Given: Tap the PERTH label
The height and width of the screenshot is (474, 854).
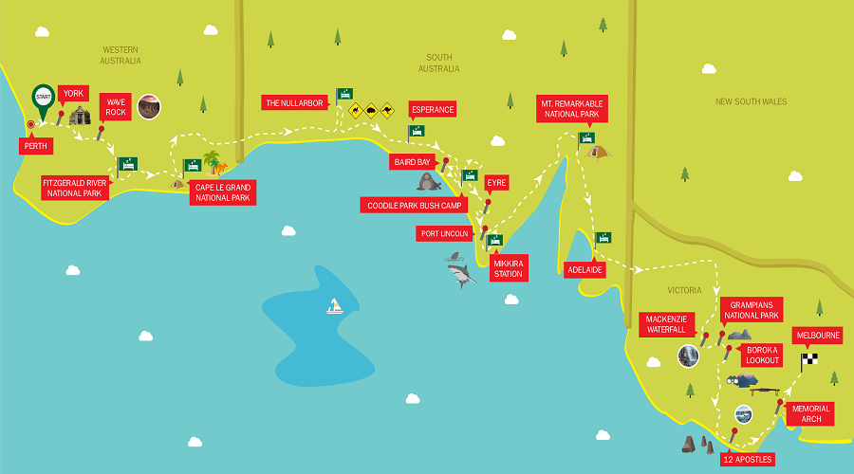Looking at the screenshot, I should point(37,146).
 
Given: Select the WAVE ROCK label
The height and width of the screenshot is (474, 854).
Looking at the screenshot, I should point(116,106).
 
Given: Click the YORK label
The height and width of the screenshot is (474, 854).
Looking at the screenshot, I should point(73,94).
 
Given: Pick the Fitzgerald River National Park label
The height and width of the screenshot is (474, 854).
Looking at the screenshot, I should point(75,187).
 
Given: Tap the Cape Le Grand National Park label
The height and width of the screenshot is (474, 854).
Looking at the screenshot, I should point(222,192).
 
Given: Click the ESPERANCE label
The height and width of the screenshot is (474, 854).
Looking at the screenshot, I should point(432,109).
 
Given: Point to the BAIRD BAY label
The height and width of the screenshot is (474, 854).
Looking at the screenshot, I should point(412,162).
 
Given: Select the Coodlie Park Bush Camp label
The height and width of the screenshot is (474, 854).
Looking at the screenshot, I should point(415,205).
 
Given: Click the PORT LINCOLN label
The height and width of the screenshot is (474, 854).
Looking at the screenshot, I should point(444,233).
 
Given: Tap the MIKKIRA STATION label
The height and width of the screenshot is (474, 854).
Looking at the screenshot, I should point(507,267).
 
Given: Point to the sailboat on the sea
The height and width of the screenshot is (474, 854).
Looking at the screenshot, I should point(334,306).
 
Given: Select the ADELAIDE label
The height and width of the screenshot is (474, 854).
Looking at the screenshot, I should point(585,269).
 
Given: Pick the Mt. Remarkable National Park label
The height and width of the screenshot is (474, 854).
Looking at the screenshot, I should point(571,108).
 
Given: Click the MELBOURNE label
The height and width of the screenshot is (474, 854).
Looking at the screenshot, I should point(817,336).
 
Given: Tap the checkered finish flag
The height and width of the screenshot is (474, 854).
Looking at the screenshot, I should point(808,359).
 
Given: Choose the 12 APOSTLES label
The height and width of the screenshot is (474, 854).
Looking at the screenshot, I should point(748,459).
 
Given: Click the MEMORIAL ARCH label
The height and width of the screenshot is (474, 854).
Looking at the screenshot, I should point(809,413).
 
